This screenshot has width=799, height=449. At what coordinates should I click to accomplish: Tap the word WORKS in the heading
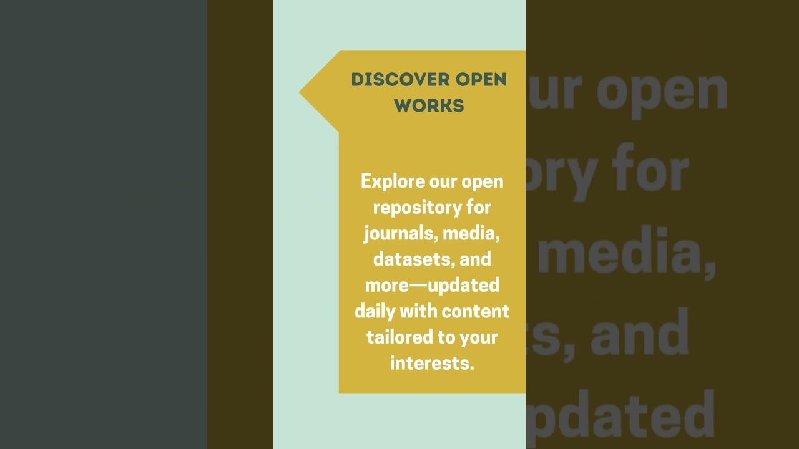tap(429, 105)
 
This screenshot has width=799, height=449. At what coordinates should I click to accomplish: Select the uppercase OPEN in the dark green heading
tap(481, 80)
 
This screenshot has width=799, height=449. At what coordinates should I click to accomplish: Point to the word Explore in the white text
tap(393, 181)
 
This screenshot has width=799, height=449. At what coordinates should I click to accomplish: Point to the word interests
tap(432, 362)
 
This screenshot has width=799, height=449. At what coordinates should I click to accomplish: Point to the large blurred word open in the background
tap(662, 90)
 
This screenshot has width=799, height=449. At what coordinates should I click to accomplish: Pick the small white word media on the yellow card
tap(471, 233)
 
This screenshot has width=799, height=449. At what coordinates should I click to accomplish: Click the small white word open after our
tap(483, 181)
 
